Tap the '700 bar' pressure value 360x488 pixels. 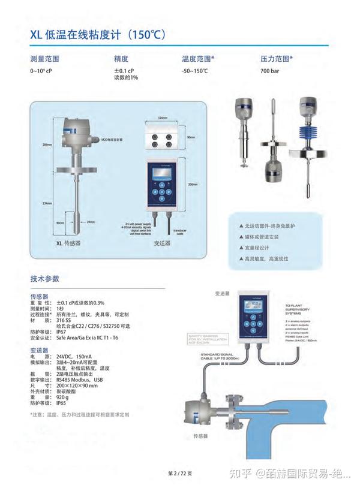tap(269, 71)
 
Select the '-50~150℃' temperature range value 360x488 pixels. tap(195, 71)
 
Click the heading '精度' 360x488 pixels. tap(121, 59)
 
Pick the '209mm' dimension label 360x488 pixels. tap(47, 145)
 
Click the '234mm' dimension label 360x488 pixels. tap(47, 203)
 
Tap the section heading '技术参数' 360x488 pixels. tap(45, 279)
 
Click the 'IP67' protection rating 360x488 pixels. tap(61, 332)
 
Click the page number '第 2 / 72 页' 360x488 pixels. tap(179, 474)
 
